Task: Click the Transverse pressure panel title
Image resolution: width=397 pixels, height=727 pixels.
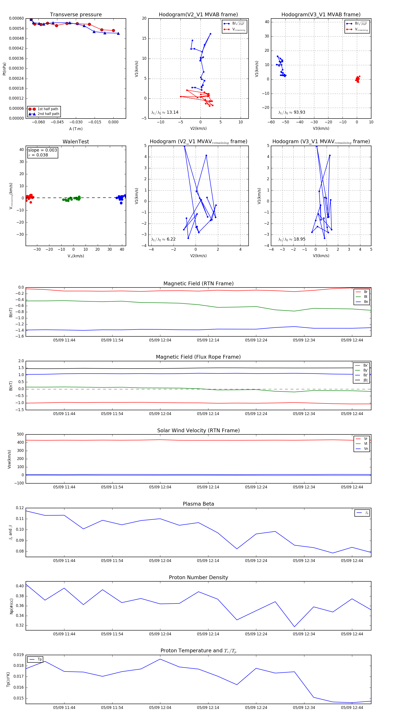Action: (x=76, y=15)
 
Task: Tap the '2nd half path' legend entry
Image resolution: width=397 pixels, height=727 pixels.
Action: (x=48, y=114)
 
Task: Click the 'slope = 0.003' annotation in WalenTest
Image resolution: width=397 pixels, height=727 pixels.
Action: (x=42, y=150)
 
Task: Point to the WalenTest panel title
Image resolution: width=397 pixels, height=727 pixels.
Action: (x=76, y=142)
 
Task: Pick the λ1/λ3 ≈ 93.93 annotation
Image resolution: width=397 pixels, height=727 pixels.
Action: (x=292, y=112)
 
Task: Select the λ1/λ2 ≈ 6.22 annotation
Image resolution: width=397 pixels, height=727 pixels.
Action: (x=163, y=239)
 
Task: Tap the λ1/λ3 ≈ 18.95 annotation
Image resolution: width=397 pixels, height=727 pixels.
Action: (x=292, y=239)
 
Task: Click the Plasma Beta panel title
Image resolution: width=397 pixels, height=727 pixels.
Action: (x=198, y=504)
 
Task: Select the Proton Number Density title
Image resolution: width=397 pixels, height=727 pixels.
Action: (x=198, y=577)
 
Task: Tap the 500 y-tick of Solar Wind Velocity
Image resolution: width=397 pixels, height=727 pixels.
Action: (x=20, y=434)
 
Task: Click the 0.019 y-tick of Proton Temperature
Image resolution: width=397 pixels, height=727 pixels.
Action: (x=19, y=655)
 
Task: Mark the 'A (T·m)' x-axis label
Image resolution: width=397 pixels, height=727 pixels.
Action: (x=76, y=129)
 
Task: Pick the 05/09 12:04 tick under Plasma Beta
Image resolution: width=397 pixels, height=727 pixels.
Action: (x=160, y=561)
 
